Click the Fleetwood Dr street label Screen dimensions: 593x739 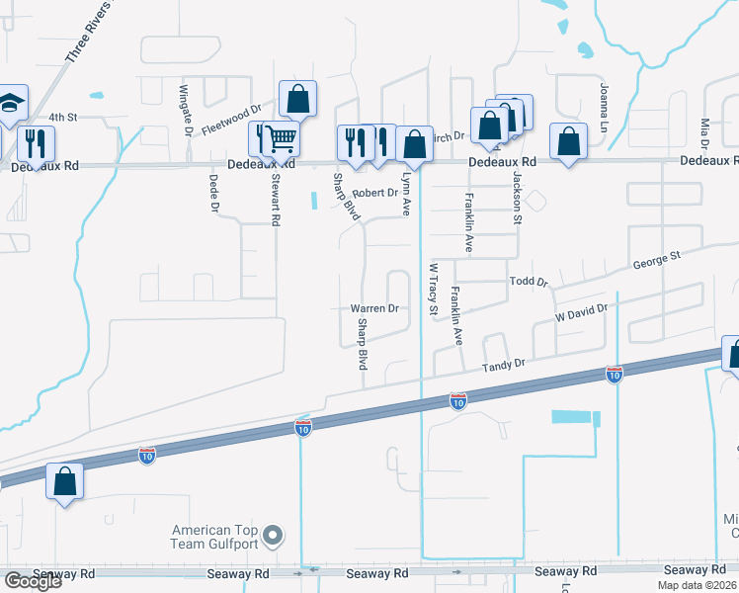(231, 121)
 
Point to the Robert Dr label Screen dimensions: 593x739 (374, 193)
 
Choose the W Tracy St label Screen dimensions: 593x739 (432, 289)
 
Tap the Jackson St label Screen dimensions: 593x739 (516, 198)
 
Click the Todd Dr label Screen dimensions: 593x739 (529, 282)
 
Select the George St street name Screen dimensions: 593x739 (657, 262)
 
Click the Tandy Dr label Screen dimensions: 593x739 (503, 367)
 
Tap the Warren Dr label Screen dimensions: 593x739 (374, 308)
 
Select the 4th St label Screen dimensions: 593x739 (63, 117)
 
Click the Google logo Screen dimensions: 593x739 (32, 581)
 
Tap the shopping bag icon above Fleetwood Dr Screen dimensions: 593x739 (297, 98)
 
